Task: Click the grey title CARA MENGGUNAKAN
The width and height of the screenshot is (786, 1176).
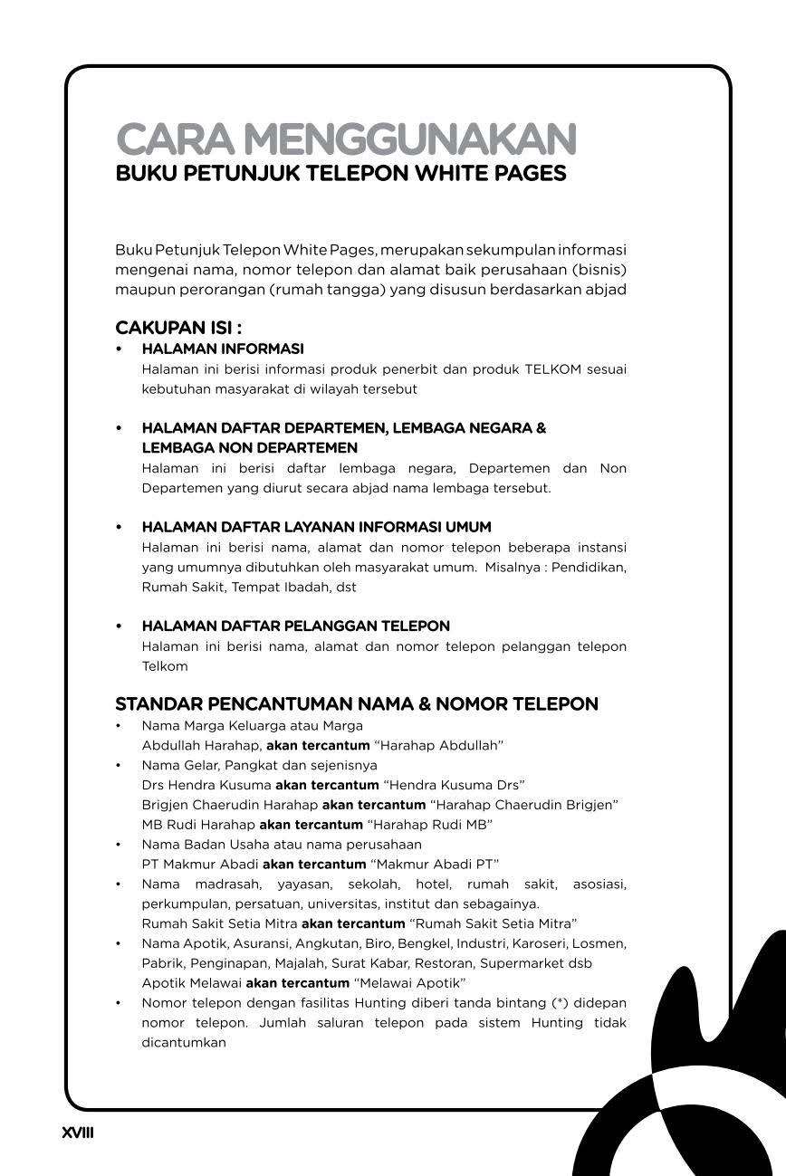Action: tap(346, 140)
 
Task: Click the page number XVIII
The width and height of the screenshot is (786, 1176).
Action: tap(78, 1133)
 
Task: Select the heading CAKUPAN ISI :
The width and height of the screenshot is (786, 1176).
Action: tap(178, 328)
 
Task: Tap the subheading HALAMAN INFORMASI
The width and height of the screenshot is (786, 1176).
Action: tap(223, 349)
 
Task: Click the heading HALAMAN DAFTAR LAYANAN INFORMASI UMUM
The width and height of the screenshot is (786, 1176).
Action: tap(316, 527)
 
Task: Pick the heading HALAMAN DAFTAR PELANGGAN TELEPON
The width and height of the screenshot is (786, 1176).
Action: tap(295, 626)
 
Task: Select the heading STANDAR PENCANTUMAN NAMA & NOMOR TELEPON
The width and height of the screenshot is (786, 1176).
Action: tap(357, 704)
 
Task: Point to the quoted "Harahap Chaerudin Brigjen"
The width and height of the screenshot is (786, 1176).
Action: tap(524, 805)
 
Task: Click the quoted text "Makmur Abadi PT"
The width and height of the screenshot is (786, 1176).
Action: tap(434, 865)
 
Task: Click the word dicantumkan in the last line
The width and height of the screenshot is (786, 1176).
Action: tap(183, 1043)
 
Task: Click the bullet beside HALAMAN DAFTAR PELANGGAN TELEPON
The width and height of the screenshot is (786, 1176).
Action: tap(119, 626)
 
